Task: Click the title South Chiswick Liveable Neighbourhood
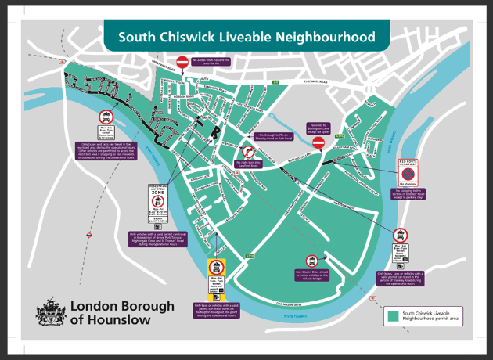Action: (246, 37)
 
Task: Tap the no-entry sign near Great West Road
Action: (182, 62)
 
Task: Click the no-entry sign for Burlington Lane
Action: (318, 144)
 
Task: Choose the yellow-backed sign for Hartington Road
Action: (215, 279)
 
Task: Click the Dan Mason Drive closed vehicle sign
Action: (311, 261)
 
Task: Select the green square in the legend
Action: (394, 315)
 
